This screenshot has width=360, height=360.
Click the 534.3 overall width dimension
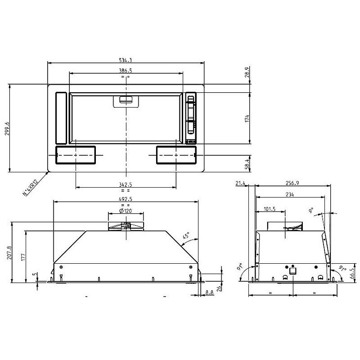point(126,60)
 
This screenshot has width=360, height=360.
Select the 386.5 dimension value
point(126,71)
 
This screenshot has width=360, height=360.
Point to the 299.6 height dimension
point(7,128)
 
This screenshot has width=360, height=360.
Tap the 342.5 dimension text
point(126,184)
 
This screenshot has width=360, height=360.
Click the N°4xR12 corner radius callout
point(30,188)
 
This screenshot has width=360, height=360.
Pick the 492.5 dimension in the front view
point(126,199)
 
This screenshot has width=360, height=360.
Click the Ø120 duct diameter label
point(126,211)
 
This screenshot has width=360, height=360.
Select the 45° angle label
point(186,236)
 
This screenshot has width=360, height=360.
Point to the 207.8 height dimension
point(9,252)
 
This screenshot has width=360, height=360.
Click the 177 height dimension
point(23,256)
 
